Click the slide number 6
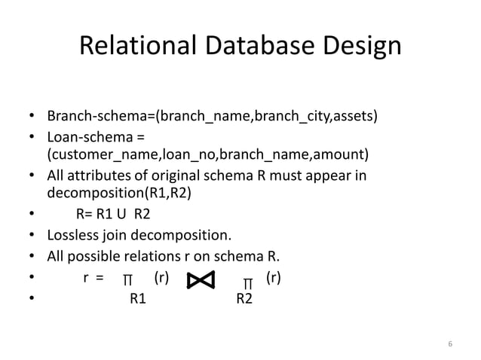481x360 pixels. [450, 345]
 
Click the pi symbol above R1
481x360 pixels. [128, 281]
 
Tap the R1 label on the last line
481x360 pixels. [138, 299]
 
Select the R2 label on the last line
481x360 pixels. [245, 299]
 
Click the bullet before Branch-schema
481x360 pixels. [32, 117]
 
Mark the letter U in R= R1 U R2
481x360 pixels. [121, 213]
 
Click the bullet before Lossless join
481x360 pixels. [32, 232]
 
